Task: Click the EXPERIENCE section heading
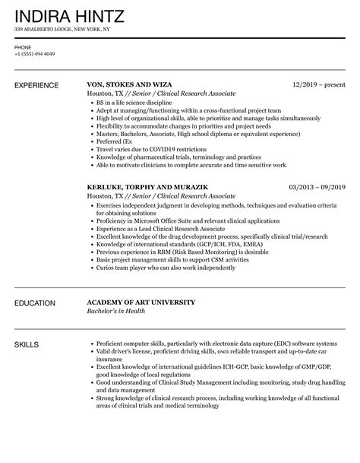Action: [39, 85]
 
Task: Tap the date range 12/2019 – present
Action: [320, 85]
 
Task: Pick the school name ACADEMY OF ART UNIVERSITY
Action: [141, 302]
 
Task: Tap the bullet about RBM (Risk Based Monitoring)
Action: [184, 251]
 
